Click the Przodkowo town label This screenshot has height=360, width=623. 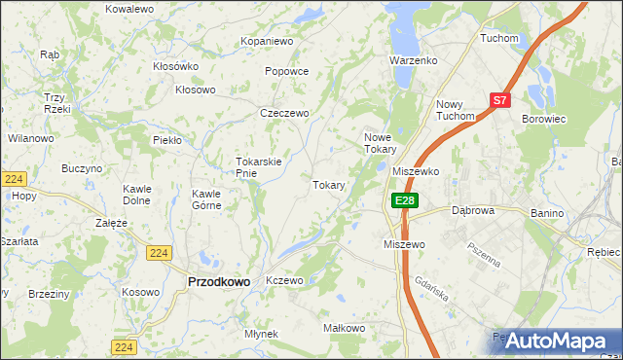pos(218,281)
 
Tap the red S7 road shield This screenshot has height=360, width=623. pos(500,99)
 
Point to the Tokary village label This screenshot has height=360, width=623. pos(329,185)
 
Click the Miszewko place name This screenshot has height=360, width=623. pos(417,170)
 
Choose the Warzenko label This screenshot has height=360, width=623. pos(413,60)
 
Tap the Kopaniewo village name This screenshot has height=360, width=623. pos(268,42)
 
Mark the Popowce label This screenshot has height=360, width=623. pos(286,71)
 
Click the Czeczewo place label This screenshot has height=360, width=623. pos(284,113)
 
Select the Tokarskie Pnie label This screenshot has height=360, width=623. pos(259,167)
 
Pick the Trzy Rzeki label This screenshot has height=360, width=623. pos(55,102)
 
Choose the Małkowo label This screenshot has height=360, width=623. pos(343,329)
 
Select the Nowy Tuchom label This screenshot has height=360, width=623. pos(455,110)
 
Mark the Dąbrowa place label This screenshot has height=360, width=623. pos(474,209)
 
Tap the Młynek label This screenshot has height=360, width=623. pos(261,334)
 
